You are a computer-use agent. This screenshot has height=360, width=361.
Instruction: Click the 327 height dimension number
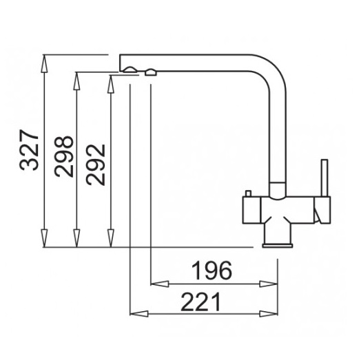(29, 150)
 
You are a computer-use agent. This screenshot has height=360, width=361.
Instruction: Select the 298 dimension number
(63, 156)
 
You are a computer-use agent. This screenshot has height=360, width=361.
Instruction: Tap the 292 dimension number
(95, 165)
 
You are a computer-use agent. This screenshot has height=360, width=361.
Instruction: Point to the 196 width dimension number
(212, 270)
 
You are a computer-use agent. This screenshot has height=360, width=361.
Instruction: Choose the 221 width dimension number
(200, 301)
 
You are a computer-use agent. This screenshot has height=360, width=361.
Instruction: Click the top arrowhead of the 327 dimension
(44, 64)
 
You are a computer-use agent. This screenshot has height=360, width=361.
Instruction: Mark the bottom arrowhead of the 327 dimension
(44, 238)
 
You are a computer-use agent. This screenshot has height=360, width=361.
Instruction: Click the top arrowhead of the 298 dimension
(76, 81)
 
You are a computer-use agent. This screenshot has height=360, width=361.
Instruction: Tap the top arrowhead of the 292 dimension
(111, 84)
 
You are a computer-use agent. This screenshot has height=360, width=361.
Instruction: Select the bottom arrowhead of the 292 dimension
(111, 238)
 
